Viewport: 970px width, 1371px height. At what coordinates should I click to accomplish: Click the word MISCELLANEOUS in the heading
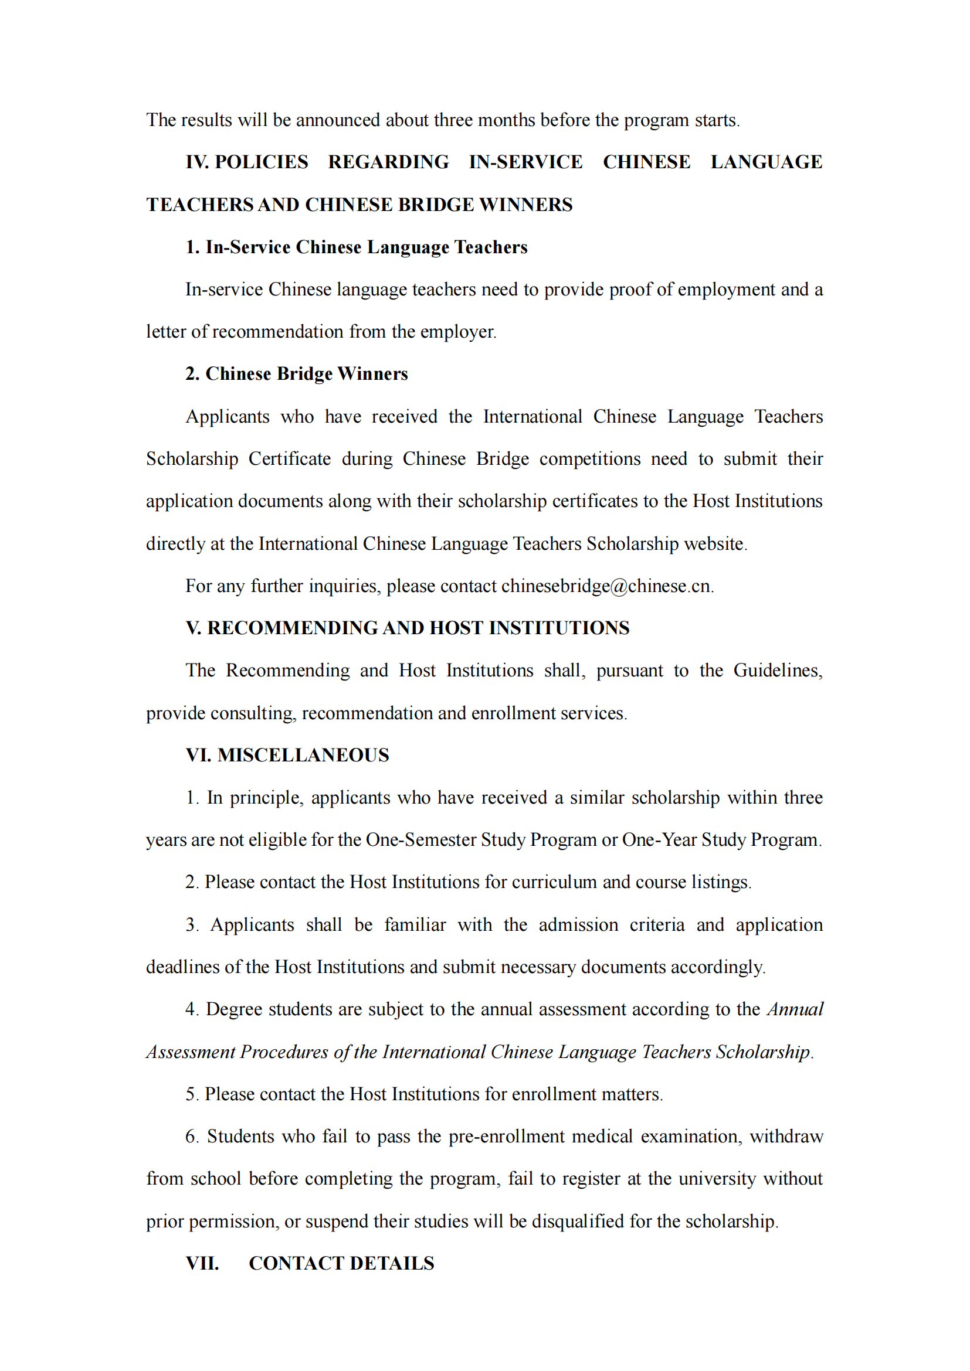[x=303, y=755]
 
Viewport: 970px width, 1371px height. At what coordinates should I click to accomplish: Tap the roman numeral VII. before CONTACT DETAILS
[x=202, y=1263]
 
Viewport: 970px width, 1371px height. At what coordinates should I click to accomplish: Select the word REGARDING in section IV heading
[x=388, y=162]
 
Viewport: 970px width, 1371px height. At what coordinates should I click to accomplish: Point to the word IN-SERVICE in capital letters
[x=525, y=162]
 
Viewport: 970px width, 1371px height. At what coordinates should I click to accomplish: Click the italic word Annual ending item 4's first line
[x=795, y=1009]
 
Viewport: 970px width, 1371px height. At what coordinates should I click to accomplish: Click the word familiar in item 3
[x=415, y=924]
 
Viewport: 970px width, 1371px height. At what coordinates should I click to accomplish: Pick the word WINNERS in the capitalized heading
[x=525, y=205]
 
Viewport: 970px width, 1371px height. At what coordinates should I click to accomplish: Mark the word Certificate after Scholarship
[x=290, y=458]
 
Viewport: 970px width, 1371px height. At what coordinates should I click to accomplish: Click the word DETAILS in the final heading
[x=392, y=1263]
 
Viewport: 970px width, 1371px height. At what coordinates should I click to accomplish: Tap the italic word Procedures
[x=284, y=1052]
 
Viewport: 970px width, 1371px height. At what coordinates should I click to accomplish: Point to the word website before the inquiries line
[x=714, y=543]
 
